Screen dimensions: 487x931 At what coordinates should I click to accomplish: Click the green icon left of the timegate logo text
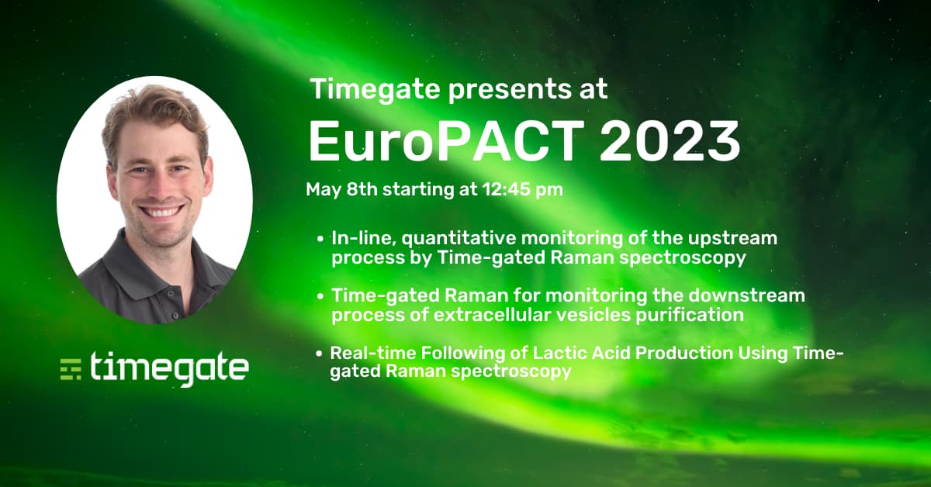(71, 369)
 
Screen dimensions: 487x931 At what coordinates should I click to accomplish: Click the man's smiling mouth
(162, 210)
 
